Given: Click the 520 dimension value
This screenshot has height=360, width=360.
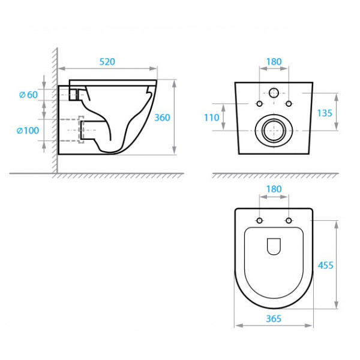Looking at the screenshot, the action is (x=107, y=62).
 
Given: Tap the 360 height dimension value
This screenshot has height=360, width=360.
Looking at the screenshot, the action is (x=162, y=118).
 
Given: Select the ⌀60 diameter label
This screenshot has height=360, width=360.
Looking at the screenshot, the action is (x=28, y=95).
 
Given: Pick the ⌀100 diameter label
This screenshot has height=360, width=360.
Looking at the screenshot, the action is (x=28, y=131).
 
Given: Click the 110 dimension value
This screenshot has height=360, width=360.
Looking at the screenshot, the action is (x=212, y=118).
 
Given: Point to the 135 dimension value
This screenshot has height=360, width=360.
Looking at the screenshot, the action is (x=325, y=113).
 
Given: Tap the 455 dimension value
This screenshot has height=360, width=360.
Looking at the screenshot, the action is (x=326, y=265).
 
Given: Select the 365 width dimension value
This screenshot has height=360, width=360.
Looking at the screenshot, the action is (x=274, y=319).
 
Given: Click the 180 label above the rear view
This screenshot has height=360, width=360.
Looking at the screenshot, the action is (x=274, y=62).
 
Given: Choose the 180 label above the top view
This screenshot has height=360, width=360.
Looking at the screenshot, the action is (x=274, y=189).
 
